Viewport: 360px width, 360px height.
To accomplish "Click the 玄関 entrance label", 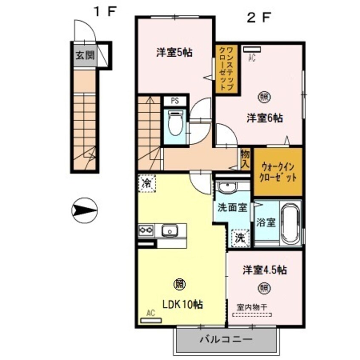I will click(85, 55).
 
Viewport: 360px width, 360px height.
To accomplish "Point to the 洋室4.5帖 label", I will click(264, 270).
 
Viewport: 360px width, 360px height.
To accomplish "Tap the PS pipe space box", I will click(174, 101).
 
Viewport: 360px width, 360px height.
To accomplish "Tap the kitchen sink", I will click(170, 231).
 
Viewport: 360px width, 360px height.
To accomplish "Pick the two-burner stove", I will click(146, 231).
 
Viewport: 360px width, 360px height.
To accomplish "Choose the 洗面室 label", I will click(232, 208).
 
